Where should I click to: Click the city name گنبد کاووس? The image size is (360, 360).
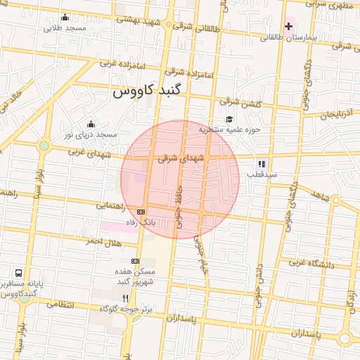tap(148, 92)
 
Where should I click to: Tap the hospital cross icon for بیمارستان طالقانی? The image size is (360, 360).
tap(288, 26)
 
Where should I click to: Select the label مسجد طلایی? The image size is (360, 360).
tap(65, 28)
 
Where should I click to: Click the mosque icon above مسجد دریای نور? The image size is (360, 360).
tap(91, 124)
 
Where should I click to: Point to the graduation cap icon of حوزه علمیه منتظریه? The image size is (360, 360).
tap(229, 119)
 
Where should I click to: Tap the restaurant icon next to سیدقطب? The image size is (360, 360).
tap(262, 164)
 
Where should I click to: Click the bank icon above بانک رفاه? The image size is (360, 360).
tap(141, 212)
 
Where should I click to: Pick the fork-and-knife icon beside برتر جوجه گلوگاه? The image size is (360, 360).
tap(126, 298)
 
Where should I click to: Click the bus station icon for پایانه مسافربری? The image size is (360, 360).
tap(18, 272)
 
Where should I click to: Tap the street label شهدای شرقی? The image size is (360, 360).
tap(181, 159)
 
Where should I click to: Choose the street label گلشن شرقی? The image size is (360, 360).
tap(251, 103)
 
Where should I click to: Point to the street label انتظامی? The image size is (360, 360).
tap(60, 304)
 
